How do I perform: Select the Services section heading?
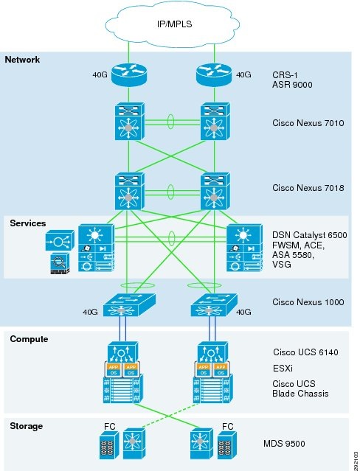point(28,223)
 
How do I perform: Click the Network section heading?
point(23,60)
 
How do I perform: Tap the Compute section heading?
point(29,339)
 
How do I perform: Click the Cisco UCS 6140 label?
point(305,352)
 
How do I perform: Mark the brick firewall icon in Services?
point(58,265)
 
